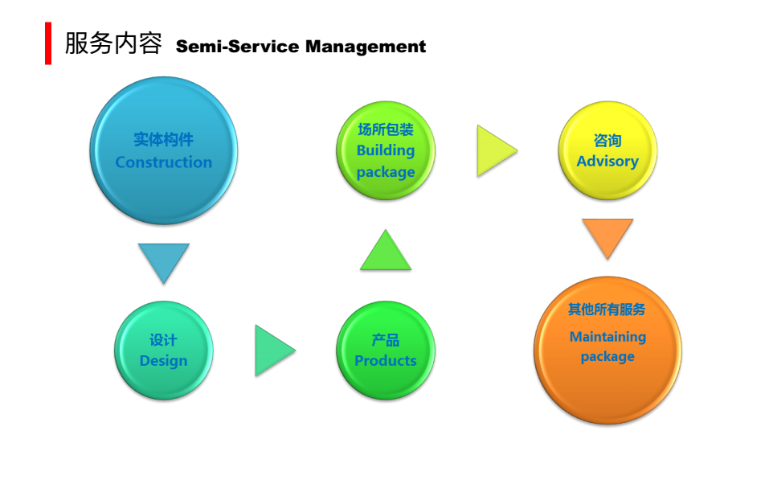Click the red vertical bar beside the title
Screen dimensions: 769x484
pyautogui.click(x=48, y=43)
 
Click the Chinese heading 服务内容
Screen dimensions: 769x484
pyautogui.click(x=113, y=43)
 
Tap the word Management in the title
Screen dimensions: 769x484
pyautogui.click(x=366, y=47)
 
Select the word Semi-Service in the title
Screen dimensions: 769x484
pyautogui.click(x=237, y=47)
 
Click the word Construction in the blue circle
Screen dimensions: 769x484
pyautogui.click(x=164, y=162)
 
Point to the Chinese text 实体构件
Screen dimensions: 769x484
pyautogui.click(x=164, y=139)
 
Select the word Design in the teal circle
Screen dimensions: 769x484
pyautogui.click(x=164, y=361)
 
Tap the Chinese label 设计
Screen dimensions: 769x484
pyautogui.click(x=164, y=339)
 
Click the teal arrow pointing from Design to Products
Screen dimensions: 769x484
pyautogui.click(x=275, y=351)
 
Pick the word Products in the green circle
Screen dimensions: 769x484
pyautogui.click(x=386, y=361)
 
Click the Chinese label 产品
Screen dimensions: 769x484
pyautogui.click(x=386, y=339)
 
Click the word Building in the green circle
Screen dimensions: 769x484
pyautogui.click(x=386, y=150)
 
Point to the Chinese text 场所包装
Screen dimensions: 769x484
pyautogui.click(x=386, y=129)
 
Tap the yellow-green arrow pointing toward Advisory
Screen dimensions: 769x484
pyautogui.click(x=497, y=150)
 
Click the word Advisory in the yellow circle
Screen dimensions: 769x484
pyautogui.click(x=607, y=161)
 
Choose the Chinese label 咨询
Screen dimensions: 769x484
pyautogui.click(x=607, y=141)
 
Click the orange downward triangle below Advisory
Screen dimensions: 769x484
pyautogui.click(x=607, y=238)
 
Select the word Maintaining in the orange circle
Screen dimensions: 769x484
pyautogui.click(x=607, y=337)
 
